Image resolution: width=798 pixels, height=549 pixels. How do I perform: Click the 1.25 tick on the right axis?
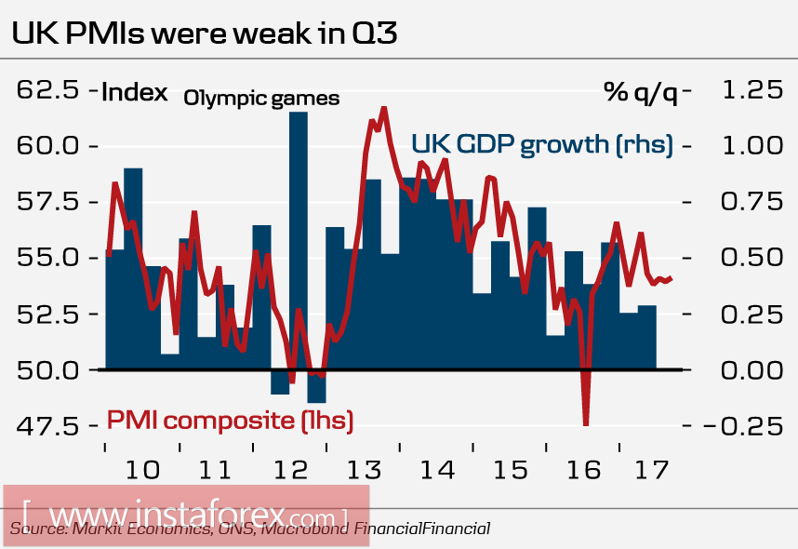pos(747,91)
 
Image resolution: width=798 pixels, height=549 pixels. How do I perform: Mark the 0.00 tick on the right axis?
pos(747,370)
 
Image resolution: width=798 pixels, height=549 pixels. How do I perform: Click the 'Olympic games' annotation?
pos(261,98)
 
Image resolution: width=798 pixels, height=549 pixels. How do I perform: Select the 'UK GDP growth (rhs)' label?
pos(542,145)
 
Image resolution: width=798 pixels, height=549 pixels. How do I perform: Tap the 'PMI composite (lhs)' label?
pos(231,421)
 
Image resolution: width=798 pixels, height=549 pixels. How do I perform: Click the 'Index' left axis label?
pos(134,92)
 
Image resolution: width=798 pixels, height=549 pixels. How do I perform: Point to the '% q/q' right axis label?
pos(640,92)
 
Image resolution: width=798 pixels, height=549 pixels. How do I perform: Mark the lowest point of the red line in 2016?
pos(586,423)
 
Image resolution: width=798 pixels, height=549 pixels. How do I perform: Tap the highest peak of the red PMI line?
pos(384,110)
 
